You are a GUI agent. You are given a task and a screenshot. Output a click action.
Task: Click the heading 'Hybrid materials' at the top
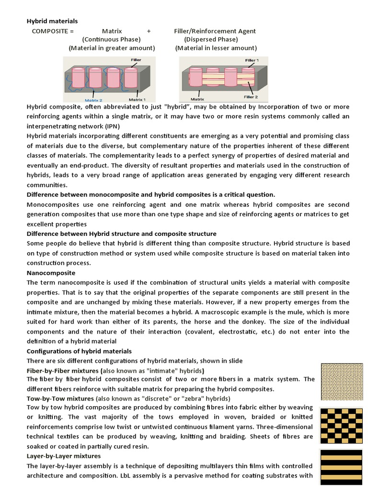point(52,21)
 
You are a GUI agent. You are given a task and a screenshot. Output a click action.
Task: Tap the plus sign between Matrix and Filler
point(149,31)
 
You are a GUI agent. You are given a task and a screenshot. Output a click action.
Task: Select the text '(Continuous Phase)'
point(111,40)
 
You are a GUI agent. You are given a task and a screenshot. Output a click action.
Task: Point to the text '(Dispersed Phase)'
point(211,40)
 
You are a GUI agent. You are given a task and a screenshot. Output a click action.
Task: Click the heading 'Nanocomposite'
point(51,273)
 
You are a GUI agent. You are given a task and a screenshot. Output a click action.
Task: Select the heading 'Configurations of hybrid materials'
point(79,351)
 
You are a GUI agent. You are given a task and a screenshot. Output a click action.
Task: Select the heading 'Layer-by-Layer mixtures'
point(64,456)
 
